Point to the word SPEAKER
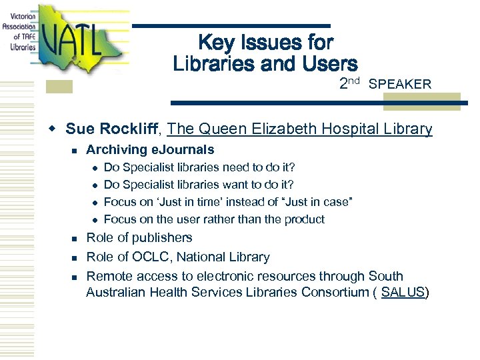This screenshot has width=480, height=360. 400,85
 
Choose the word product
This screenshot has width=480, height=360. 304,219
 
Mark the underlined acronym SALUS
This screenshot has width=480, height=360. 403,293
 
